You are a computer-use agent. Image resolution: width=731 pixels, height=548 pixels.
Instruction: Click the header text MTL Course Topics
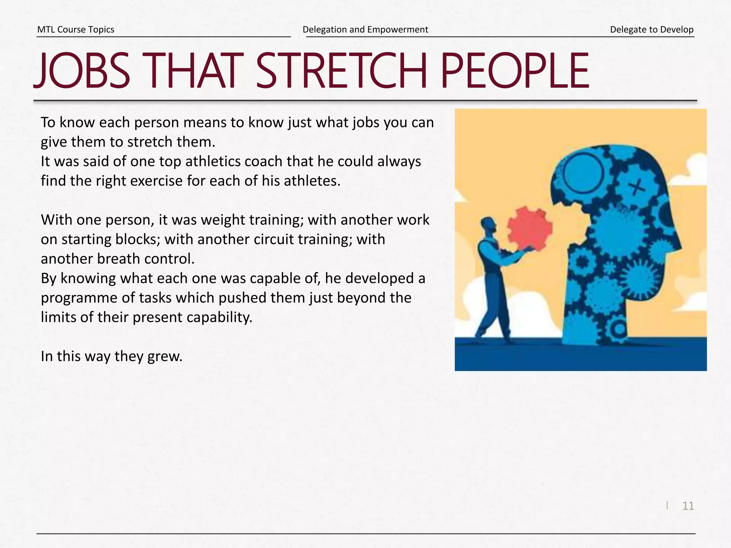76,30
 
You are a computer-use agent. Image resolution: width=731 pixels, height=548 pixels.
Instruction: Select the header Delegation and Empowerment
365,30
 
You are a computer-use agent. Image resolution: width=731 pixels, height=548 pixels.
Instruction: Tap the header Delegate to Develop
651,30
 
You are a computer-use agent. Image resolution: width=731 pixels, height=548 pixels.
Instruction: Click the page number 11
688,506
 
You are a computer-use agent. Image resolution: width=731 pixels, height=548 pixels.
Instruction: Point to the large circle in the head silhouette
583,173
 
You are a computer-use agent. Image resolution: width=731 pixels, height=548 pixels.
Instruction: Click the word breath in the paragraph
118,259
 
